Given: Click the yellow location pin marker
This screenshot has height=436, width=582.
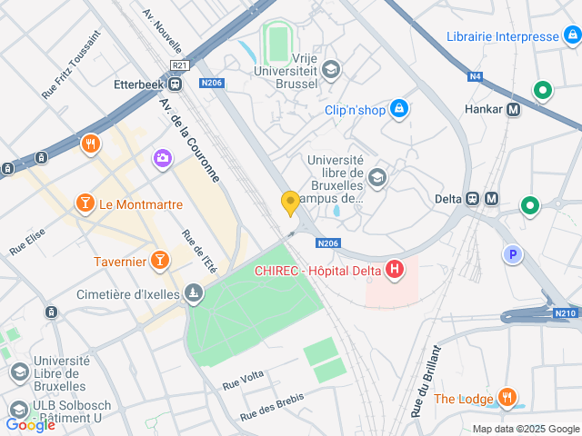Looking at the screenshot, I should pyautogui.click(x=290, y=203).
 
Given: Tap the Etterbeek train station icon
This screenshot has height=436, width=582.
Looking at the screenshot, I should pyautogui.click(x=175, y=84).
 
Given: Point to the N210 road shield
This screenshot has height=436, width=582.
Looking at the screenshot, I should pyautogui.click(x=565, y=313).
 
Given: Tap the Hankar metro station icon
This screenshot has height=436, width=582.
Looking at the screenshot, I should pyautogui.click(x=515, y=110).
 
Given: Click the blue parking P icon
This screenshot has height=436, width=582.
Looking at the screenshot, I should pyautogui.click(x=513, y=255).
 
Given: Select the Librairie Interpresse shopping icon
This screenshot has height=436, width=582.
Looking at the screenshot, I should pyautogui.click(x=572, y=37).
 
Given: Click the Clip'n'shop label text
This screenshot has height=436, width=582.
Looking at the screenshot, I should pyautogui.click(x=356, y=110).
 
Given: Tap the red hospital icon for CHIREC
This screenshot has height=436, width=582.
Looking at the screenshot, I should pyautogui.click(x=395, y=269).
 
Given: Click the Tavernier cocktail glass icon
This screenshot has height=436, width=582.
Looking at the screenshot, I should pyautogui.click(x=160, y=262).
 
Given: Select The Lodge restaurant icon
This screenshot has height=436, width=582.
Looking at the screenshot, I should pyautogui.click(x=507, y=398).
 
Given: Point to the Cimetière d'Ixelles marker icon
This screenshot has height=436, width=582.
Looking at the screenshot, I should pyautogui.click(x=193, y=292).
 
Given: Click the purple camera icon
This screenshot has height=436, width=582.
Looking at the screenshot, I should pyautogui.click(x=163, y=158).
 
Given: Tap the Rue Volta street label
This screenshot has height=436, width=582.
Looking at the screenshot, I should pyautogui.click(x=243, y=380).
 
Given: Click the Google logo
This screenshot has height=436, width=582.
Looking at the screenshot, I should pyautogui.click(x=30, y=424).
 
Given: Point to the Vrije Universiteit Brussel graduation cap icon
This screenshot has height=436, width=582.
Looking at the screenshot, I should pyautogui.click(x=331, y=68).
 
